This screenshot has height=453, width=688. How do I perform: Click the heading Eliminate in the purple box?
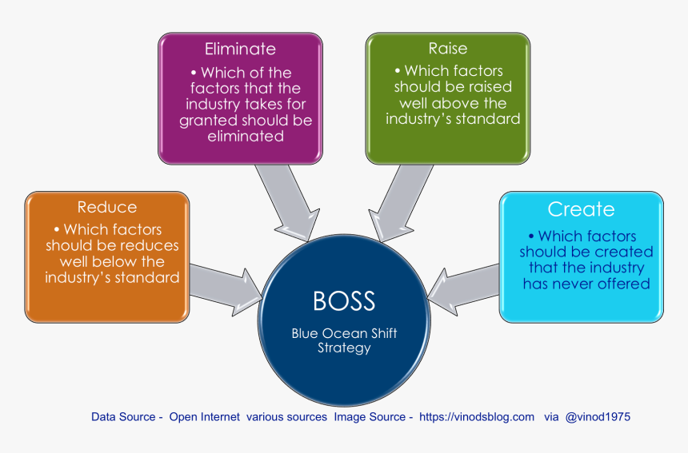pos(240,49)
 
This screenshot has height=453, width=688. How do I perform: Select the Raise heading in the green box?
pos(447,48)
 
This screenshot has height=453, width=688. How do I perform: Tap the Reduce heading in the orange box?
pos(107,207)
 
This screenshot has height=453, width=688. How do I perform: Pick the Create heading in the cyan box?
pos(581,209)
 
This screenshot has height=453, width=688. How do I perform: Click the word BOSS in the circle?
pos(344,301)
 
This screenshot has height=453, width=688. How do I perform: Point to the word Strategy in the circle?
pos(344,348)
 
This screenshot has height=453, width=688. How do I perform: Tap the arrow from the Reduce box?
pos(226,289)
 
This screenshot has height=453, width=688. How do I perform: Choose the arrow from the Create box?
pos(463,290)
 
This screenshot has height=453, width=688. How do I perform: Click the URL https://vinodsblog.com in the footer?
pos(477,416)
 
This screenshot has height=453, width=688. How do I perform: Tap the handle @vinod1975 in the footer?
pos(598,416)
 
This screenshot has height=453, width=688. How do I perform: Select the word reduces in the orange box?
pos(152,245)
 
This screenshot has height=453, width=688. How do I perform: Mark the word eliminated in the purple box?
pos(246,137)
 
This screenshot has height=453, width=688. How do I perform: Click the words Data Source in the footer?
pos(123,416)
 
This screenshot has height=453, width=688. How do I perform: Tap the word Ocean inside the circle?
pos(344,333)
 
